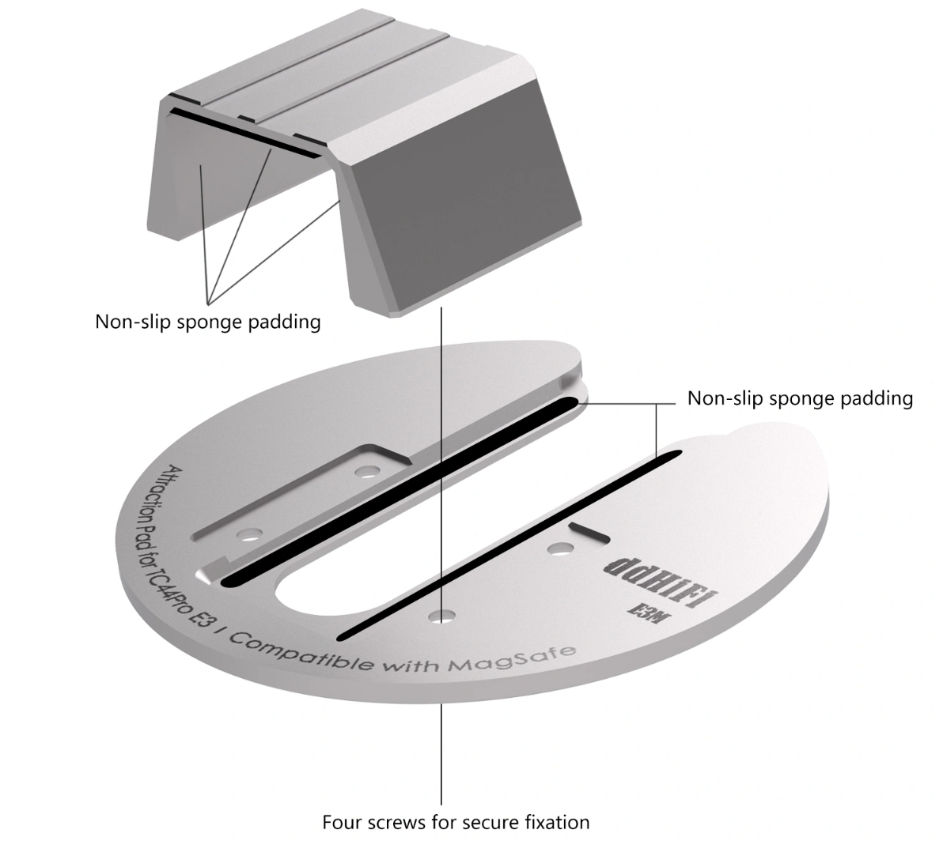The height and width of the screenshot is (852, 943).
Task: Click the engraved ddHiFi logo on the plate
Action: [x=661, y=581]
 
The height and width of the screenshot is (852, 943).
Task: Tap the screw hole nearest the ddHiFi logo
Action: [x=561, y=548]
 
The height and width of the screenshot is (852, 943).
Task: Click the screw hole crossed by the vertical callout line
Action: [x=442, y=616]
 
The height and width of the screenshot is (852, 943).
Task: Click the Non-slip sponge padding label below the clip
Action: [x=207, y=322]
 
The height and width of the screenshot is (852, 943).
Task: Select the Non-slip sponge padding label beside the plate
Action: [x=800, y=398]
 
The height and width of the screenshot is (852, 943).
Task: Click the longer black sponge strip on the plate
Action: [x=400, y=491]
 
